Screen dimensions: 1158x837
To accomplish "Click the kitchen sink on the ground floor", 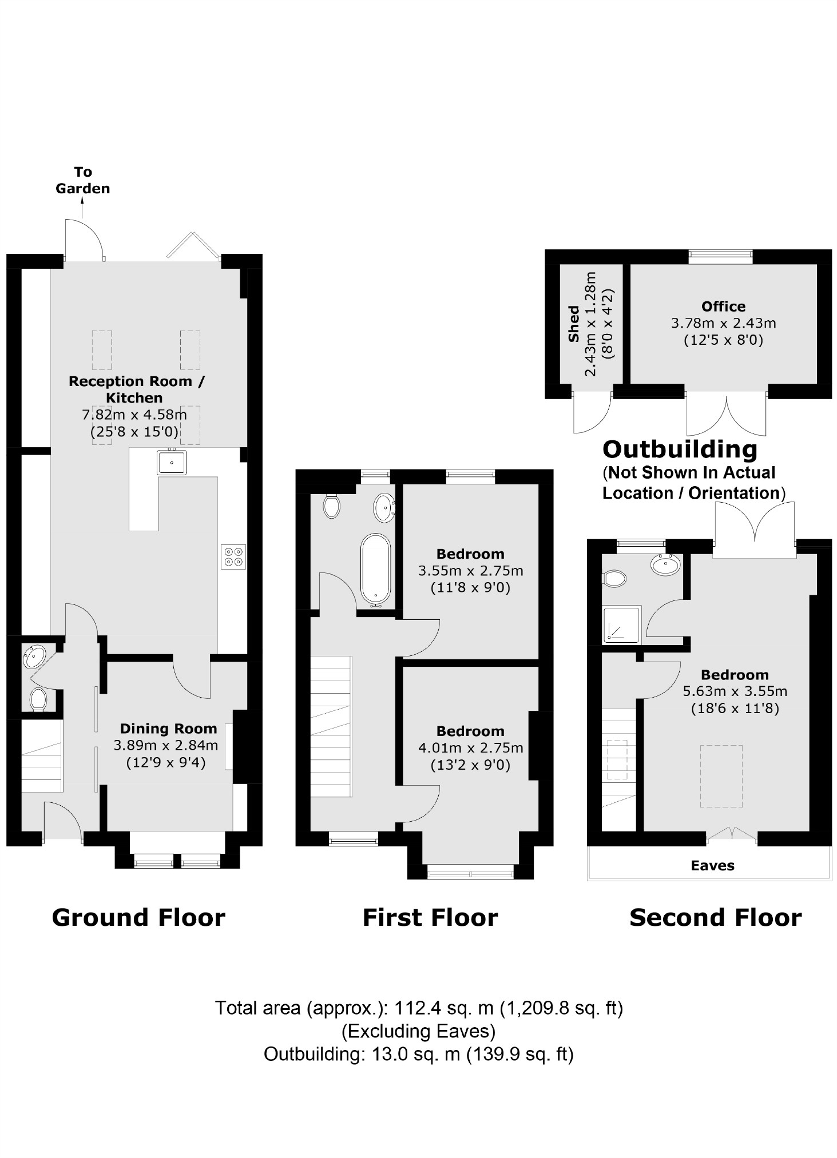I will pos(172,462).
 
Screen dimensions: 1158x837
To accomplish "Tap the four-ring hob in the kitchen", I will pos(233,556).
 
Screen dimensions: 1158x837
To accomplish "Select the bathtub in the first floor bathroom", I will pos(376,570).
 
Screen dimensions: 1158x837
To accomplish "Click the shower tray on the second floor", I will pos(622,624).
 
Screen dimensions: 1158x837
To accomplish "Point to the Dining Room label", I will pos(168,729).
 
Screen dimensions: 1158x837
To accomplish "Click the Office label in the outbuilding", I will pos(723,306).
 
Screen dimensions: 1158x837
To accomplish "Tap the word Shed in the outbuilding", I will pos(573,324).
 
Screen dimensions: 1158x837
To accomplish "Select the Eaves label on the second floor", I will pos(712,865).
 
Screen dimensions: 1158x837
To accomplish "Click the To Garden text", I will pos(83,180).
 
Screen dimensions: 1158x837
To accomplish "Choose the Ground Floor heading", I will pos(138,918).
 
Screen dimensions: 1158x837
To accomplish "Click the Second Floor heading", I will pos(715,918).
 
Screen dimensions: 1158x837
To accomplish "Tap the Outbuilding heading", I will pos(680,449).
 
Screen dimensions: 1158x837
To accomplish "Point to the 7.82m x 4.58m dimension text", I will pos(134,415).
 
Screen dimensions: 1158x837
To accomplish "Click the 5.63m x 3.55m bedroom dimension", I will pos(735,691).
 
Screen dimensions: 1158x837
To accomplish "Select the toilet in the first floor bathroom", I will pos(331,506).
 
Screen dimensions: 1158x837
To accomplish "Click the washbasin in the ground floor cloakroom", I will pos(33,656).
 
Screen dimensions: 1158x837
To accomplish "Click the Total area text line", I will pos(418,1008).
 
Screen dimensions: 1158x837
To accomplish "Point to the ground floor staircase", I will pos(41,756).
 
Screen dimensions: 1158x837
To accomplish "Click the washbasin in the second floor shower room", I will pos(665,565).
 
